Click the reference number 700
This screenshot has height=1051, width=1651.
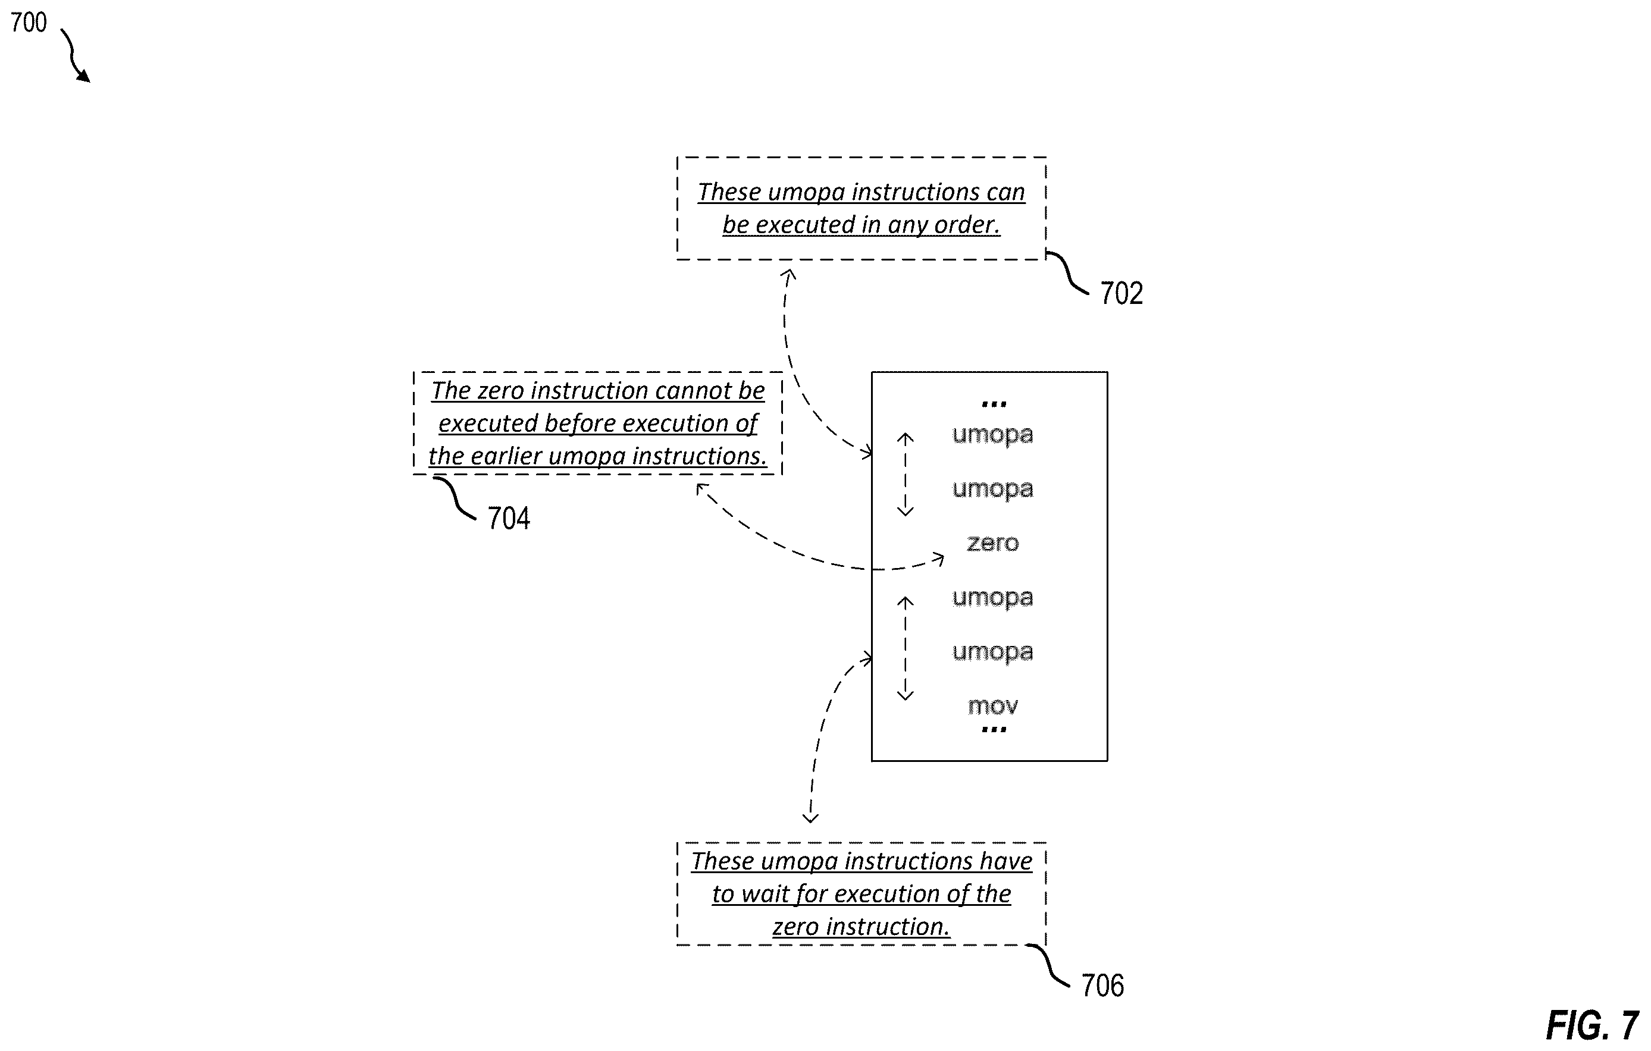point(29,23)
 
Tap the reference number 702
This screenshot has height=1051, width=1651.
point(1121,293)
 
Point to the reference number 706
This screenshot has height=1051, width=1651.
point(1102,985)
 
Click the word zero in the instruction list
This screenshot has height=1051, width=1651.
point(993,543)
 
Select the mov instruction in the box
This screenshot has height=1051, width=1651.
point(993,705)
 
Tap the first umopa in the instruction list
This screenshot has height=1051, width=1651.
point(993,435)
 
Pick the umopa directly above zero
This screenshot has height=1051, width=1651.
point(993,489)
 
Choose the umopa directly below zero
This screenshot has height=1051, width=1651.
point(993,598)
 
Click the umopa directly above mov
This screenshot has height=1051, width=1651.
point(993,652)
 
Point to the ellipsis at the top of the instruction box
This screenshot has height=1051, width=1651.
point(994,404)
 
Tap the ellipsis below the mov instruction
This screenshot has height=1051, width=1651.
point(994,729)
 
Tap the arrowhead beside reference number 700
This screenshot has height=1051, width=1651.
point(84,76)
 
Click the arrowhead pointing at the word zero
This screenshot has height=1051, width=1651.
point(939,559)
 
